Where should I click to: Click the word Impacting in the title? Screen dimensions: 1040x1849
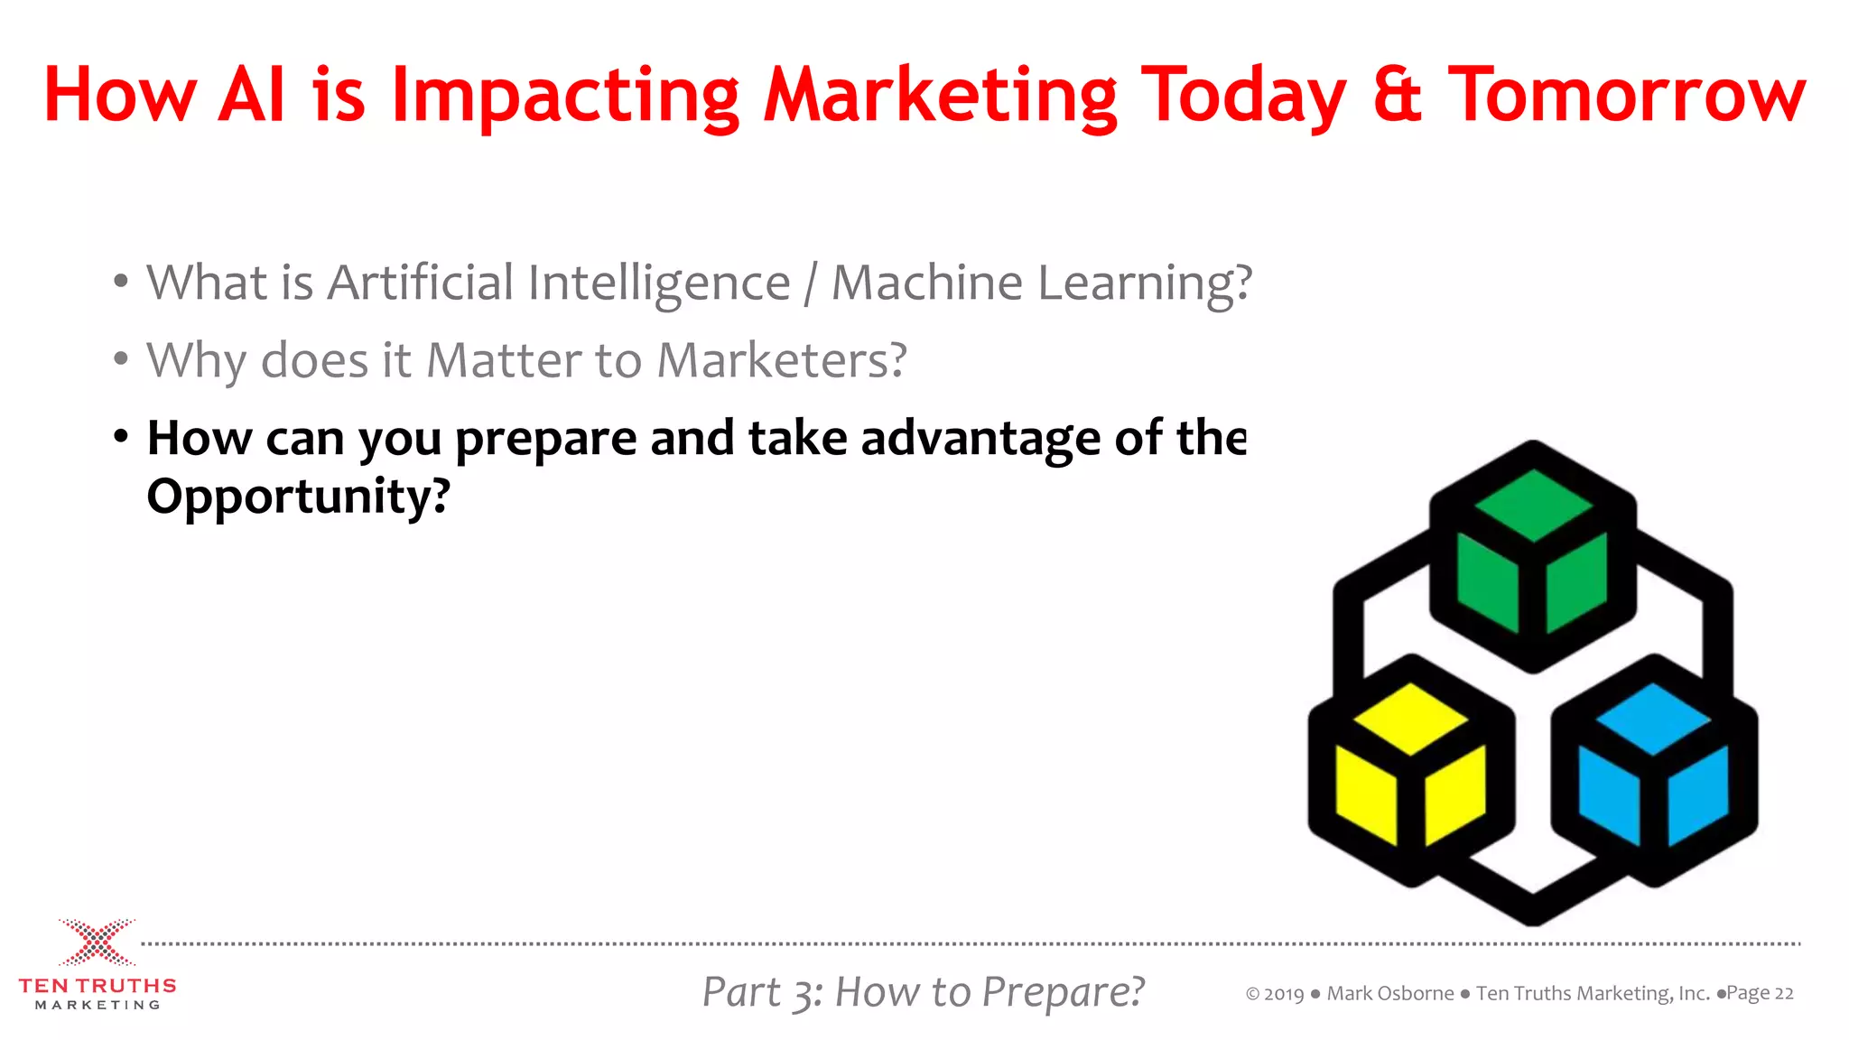tap(564, 96)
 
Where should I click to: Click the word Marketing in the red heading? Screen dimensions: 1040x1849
tap(940, 96)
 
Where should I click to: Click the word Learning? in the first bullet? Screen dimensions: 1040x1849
tap(1145, 283)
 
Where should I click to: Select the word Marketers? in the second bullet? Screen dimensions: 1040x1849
tap(781, 361)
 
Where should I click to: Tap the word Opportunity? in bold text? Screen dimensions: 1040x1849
tap(298, 497)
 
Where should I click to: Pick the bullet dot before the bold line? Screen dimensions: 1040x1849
tap(121, 437)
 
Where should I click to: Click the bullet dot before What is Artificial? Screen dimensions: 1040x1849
tap(121, 281)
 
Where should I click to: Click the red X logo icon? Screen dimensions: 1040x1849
tap(97, 942)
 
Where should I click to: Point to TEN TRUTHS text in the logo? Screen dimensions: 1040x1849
tap(97, 986)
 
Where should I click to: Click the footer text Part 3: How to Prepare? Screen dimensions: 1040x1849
tap(923, 992)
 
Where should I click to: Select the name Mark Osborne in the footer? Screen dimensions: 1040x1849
tap(1389, 994)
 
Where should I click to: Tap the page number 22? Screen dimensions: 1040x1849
tap(1783, 994)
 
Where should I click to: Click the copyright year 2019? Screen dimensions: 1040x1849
tap(1283, 995)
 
